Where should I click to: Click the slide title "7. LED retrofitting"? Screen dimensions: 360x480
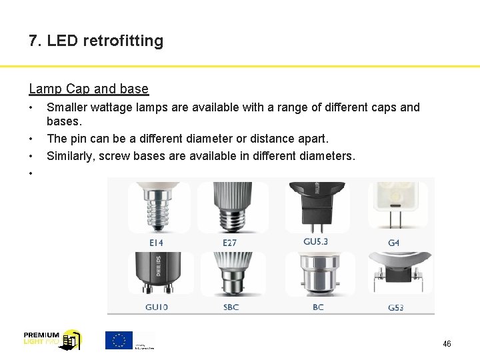point(96,41)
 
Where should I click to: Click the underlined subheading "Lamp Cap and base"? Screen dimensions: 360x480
point(89,89)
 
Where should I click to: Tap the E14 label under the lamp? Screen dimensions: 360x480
point(157,242)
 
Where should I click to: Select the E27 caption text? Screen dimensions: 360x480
point(229,243)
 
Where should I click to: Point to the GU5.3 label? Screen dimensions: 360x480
point(315,241)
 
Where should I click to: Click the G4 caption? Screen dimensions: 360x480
point(393,243)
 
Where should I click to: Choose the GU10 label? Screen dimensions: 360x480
point(157,307)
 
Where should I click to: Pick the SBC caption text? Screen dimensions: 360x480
point(231,307)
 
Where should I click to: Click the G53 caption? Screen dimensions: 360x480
point(395,308)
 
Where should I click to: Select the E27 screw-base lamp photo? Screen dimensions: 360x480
point(231,207)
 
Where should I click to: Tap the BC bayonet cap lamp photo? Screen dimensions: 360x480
point(319,275)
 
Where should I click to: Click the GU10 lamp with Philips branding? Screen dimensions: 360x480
point(157,273)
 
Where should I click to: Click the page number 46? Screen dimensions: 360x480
point(447,344)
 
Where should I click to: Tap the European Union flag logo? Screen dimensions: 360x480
point(119,340)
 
